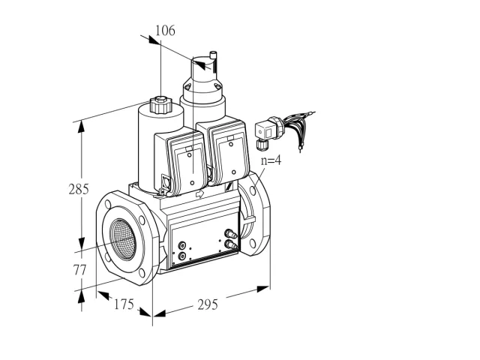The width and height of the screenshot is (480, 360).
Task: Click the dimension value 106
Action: coord(165,31)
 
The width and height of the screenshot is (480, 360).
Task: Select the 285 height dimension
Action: coord(79,189)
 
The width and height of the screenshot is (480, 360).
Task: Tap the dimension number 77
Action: coord(79,270)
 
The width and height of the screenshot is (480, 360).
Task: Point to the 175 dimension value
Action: coord(124,304)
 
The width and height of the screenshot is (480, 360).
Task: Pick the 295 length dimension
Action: coord(208,304)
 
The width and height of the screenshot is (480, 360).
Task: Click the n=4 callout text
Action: coord(271,160)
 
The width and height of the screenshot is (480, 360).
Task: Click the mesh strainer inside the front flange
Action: coord(123,239)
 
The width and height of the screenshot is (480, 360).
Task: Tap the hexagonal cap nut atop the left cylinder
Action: coord(160,104)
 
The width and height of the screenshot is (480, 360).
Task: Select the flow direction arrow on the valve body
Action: coord(200,193)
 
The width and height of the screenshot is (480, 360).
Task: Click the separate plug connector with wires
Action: coord(283,130)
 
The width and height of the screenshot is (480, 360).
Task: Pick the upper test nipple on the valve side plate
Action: coord(231,234)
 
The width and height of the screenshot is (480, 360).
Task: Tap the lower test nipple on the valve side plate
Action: coord(231,244)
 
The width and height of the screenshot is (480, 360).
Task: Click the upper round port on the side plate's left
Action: coord(183,245)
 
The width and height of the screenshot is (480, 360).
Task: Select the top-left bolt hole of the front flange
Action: coord(108,204)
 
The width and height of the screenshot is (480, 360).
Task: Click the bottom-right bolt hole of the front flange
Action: coord(142,273)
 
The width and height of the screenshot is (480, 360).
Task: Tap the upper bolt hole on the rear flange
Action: coord(253,190)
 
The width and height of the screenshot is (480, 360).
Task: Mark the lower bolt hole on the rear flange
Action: coord(253,243)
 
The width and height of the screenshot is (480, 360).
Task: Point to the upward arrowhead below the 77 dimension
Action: coord(82,297)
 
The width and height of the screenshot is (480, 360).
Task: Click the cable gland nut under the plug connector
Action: coord(262,145)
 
